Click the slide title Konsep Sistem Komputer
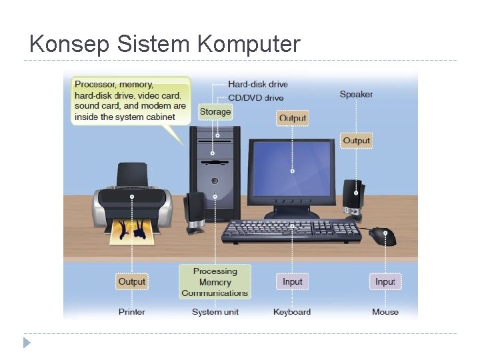[165, 44]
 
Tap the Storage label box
[215, 112]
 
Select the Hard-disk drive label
[257, 84]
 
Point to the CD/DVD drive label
[255, 98]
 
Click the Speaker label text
[356, 94]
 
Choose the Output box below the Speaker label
[356, 141]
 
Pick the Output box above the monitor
[293, 118]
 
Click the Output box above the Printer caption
[131, 281]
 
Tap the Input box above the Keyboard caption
[293, 281]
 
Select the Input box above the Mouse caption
[385, 281]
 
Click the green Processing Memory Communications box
[215, 281]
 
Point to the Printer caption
[132, 311]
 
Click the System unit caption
[215, 311]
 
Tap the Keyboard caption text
[292, 311]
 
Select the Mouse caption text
[385, 311]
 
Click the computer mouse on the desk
[383, 235]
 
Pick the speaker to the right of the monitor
[353, 198]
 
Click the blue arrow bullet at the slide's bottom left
[27, 343]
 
